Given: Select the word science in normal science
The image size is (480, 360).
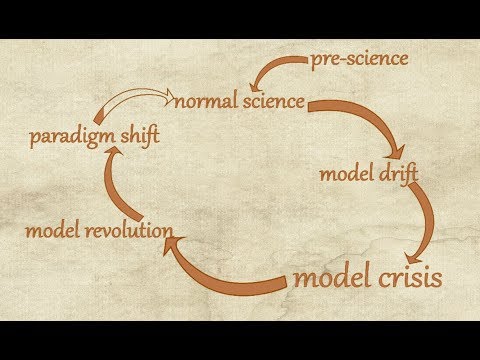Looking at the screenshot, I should pyautogui.click(x=269, y=101).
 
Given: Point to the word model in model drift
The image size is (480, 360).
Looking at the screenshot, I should pyautogui.click(x=344, y=174).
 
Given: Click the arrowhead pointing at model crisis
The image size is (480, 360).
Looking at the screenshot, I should pyautogui.click(x=420, y=245).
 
